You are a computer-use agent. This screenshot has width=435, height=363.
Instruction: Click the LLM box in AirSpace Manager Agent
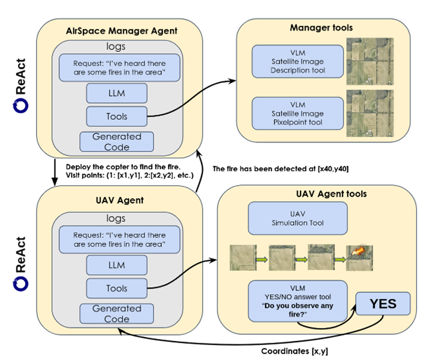tap(116, 93)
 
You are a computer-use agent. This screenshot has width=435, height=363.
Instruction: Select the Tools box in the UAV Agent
tap(116, 288)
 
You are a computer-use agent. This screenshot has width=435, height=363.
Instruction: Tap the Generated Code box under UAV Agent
tap(116, 313)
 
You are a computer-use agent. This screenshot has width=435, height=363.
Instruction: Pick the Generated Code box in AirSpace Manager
tap(116, 142)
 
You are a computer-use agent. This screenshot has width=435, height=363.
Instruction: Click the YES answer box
tap(383, 303)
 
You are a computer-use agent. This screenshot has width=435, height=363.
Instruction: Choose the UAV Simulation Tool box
tap(298, 218)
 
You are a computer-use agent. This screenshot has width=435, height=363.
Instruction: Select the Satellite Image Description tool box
tap(298, 62)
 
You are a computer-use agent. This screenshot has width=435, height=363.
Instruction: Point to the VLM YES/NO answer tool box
tap(298, 301)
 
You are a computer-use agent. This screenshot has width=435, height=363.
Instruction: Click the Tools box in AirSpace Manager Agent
tap(116, 116)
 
